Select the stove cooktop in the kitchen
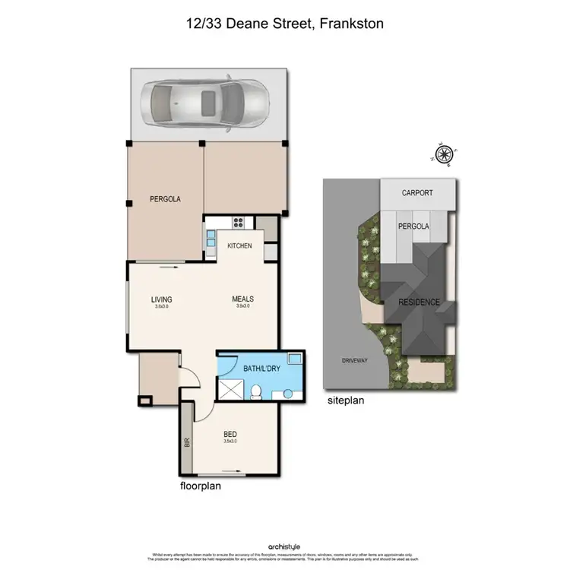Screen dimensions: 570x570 [237, 223]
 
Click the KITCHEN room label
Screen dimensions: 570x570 [240, 246]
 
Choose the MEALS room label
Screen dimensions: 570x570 [242, 299]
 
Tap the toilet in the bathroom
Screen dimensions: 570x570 [258, 391]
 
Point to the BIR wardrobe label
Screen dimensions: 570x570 [187, 442]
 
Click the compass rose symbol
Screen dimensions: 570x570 [444, 154]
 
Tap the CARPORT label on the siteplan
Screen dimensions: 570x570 [417, 193]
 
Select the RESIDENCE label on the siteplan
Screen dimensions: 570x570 [420, 302]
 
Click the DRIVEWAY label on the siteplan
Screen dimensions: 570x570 [355, 360]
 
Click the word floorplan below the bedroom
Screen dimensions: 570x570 [200, 486]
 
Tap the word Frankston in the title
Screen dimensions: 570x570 [353, 24]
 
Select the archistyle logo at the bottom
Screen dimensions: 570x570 [284, 546]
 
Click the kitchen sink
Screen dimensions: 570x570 [211, 239]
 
